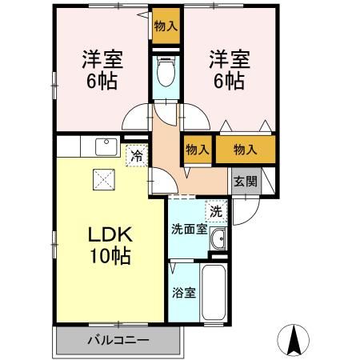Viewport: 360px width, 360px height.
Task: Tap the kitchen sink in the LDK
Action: [104, 146]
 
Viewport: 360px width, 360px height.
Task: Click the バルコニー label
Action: [118, 340]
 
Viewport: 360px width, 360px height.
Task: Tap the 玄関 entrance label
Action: [245, 181]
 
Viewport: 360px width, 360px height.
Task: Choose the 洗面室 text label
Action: [190, 229]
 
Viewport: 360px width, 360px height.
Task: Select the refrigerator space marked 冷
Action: [138, 155]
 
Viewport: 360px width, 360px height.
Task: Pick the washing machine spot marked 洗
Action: [216, 212]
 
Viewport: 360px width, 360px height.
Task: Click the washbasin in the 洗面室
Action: [218, 238]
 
